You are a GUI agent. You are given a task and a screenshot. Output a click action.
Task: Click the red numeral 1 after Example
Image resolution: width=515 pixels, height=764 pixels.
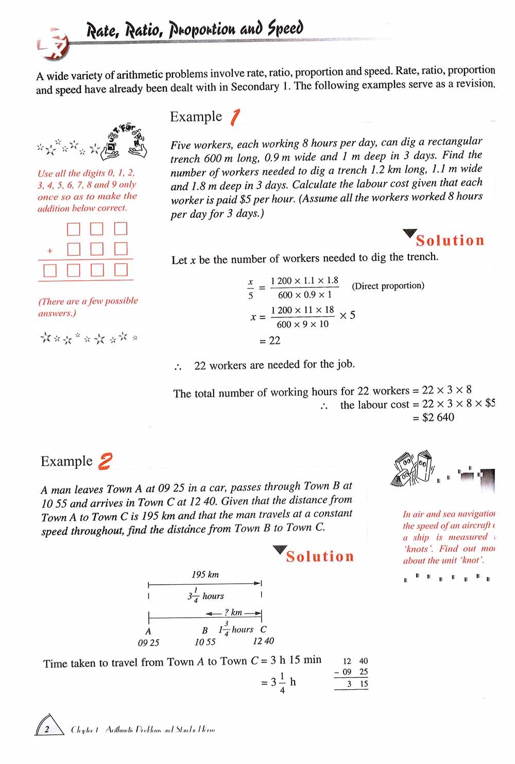click(234, 117)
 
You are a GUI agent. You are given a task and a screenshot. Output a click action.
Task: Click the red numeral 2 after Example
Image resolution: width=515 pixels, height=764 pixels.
click(105, 461)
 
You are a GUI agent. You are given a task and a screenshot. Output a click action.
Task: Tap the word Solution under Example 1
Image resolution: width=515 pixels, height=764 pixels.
click(450, 241)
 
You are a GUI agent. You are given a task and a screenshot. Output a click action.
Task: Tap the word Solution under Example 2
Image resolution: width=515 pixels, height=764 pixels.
click(320, 556)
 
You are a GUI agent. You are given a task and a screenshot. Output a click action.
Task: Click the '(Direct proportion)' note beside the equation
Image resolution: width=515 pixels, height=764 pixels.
click(388, 285)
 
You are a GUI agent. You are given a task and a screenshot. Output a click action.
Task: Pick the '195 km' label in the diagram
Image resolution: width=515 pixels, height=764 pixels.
click(205, 574)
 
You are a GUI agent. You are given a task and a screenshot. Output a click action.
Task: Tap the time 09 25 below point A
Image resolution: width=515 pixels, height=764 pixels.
click(148, 642)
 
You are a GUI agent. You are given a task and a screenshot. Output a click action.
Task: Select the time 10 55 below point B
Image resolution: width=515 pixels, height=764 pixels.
click(205, 642)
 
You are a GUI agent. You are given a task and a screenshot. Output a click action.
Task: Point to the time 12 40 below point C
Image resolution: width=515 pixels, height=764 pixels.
click(263, 641)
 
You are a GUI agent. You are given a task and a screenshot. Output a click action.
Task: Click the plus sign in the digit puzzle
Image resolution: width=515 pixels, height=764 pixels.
click(50, 251)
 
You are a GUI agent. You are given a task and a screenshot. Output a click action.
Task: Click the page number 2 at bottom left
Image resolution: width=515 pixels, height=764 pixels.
click(47, 728)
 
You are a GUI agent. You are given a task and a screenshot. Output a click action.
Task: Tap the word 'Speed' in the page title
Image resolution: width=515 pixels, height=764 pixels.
click(285, 28)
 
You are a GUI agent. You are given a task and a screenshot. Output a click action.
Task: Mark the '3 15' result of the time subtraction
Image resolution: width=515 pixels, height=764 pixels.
click(357, 684)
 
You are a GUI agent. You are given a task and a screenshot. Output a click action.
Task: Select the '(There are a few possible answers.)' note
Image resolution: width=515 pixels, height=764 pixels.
click(88, 307)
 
